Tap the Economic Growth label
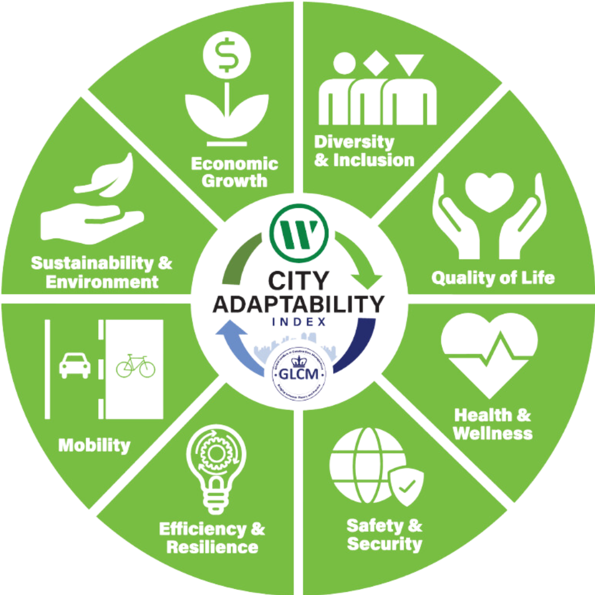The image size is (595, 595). tap(235, 172)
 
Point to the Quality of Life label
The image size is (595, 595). tap(493, 277)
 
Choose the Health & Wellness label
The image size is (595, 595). tap(492, 424)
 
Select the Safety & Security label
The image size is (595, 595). tap(385, 534)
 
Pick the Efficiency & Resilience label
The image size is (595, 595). tap(212, 537)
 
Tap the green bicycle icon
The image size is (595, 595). tap(135, 365)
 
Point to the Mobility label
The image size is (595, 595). tap(94, 446)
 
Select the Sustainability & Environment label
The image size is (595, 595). tap(102, 271)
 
